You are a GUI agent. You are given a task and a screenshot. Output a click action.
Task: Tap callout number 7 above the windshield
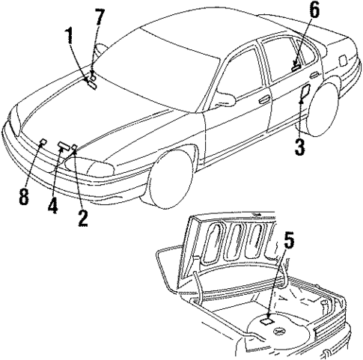pos(98,16)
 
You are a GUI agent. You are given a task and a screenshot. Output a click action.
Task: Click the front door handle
pos(263,99)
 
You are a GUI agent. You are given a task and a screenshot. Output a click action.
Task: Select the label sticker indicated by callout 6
pos(297,66)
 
